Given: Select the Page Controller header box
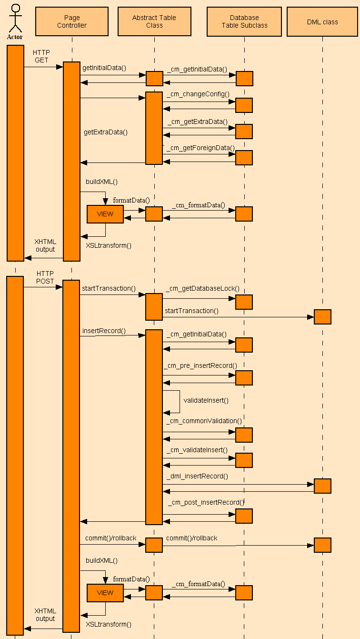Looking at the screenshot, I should (72, 21).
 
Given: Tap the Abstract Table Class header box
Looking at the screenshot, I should (154, 21).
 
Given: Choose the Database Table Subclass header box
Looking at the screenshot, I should (244, 21).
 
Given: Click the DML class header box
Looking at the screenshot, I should (322, 22).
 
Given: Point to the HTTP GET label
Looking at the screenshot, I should (41, 56).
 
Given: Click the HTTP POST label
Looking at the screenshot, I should (45, 277).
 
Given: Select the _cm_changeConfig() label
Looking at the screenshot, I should (198, 94).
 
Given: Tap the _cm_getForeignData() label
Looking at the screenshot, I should (200, 148).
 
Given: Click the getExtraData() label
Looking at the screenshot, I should (106, 132).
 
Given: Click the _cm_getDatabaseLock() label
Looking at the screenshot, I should (202, 289).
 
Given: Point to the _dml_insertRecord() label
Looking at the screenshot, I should (198, 476).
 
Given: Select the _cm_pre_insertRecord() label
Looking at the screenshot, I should (200, 365).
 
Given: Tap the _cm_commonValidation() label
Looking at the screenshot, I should (204, 421).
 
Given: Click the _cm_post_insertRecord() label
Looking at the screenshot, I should (206, 502).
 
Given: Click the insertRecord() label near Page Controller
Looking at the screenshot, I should (104, 331).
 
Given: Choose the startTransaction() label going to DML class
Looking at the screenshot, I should (191, 311).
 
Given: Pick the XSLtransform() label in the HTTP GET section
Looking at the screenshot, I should (109, 246).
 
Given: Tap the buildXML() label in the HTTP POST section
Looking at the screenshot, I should (101, 560).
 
